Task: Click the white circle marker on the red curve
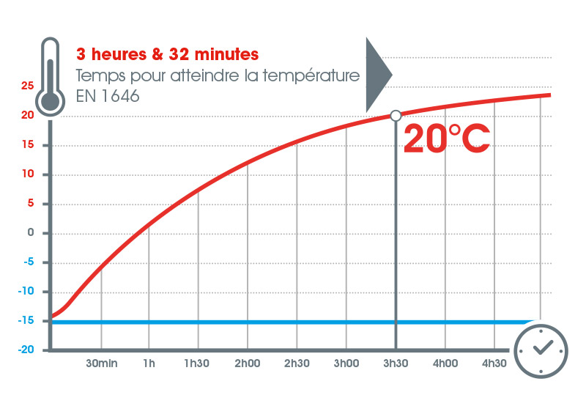click(x=396, y=115)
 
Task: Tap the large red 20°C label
click(x=446, y=139)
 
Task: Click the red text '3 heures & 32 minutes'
click(x=167, y=54)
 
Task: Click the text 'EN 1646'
click(x=108, y=96)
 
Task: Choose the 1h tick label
click(x=149, y=363)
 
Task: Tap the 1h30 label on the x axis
click(x=199, y=363)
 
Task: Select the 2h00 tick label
click(x=248, y=363)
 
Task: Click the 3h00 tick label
click(x=346, y=363)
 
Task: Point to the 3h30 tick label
click(x=396, y=363)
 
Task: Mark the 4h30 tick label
click(x=494, y=363)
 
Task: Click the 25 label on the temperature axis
click(x=28, y=86)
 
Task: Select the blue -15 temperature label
click(x=26, y=321)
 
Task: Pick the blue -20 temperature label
click(x=26, y=350)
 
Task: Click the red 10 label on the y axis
click(x=28, y=174)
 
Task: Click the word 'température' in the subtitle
click(x=316, y=75)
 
